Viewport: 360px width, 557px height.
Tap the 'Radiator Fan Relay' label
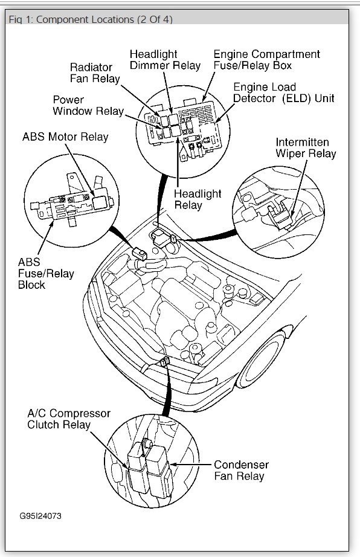[95, 73]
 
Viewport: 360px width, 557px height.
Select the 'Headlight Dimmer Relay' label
[165, 60]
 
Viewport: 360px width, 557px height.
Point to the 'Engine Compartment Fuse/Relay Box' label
[266, 60]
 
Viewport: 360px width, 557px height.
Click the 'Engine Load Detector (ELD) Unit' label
[284, 92]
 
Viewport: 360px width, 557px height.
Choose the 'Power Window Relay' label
[88, 105]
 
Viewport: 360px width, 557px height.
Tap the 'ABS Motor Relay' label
[65, 137]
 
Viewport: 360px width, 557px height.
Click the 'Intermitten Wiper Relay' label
[306, 148]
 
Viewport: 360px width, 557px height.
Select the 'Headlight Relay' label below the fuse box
[198, 199]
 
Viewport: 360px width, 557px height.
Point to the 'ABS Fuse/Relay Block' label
[46, 273]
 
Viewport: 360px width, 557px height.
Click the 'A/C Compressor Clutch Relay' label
[69, 419]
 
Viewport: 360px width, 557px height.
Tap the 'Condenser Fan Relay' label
[242, 470]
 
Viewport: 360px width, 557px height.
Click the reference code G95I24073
[40, 516]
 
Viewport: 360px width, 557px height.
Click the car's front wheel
[260, 359]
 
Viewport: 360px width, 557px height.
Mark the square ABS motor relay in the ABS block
[100, 202]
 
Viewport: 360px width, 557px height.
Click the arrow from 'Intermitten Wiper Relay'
[299, 188]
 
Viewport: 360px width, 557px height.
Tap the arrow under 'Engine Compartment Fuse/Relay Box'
[209, 88]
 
